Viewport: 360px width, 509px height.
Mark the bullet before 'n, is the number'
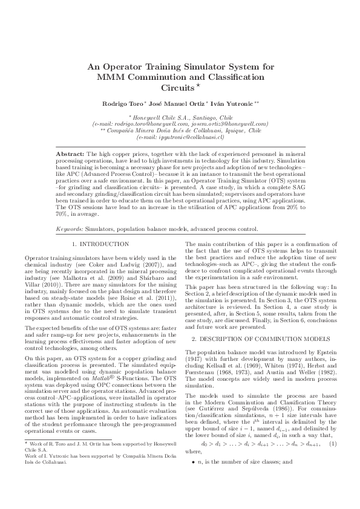tap(194, 479)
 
